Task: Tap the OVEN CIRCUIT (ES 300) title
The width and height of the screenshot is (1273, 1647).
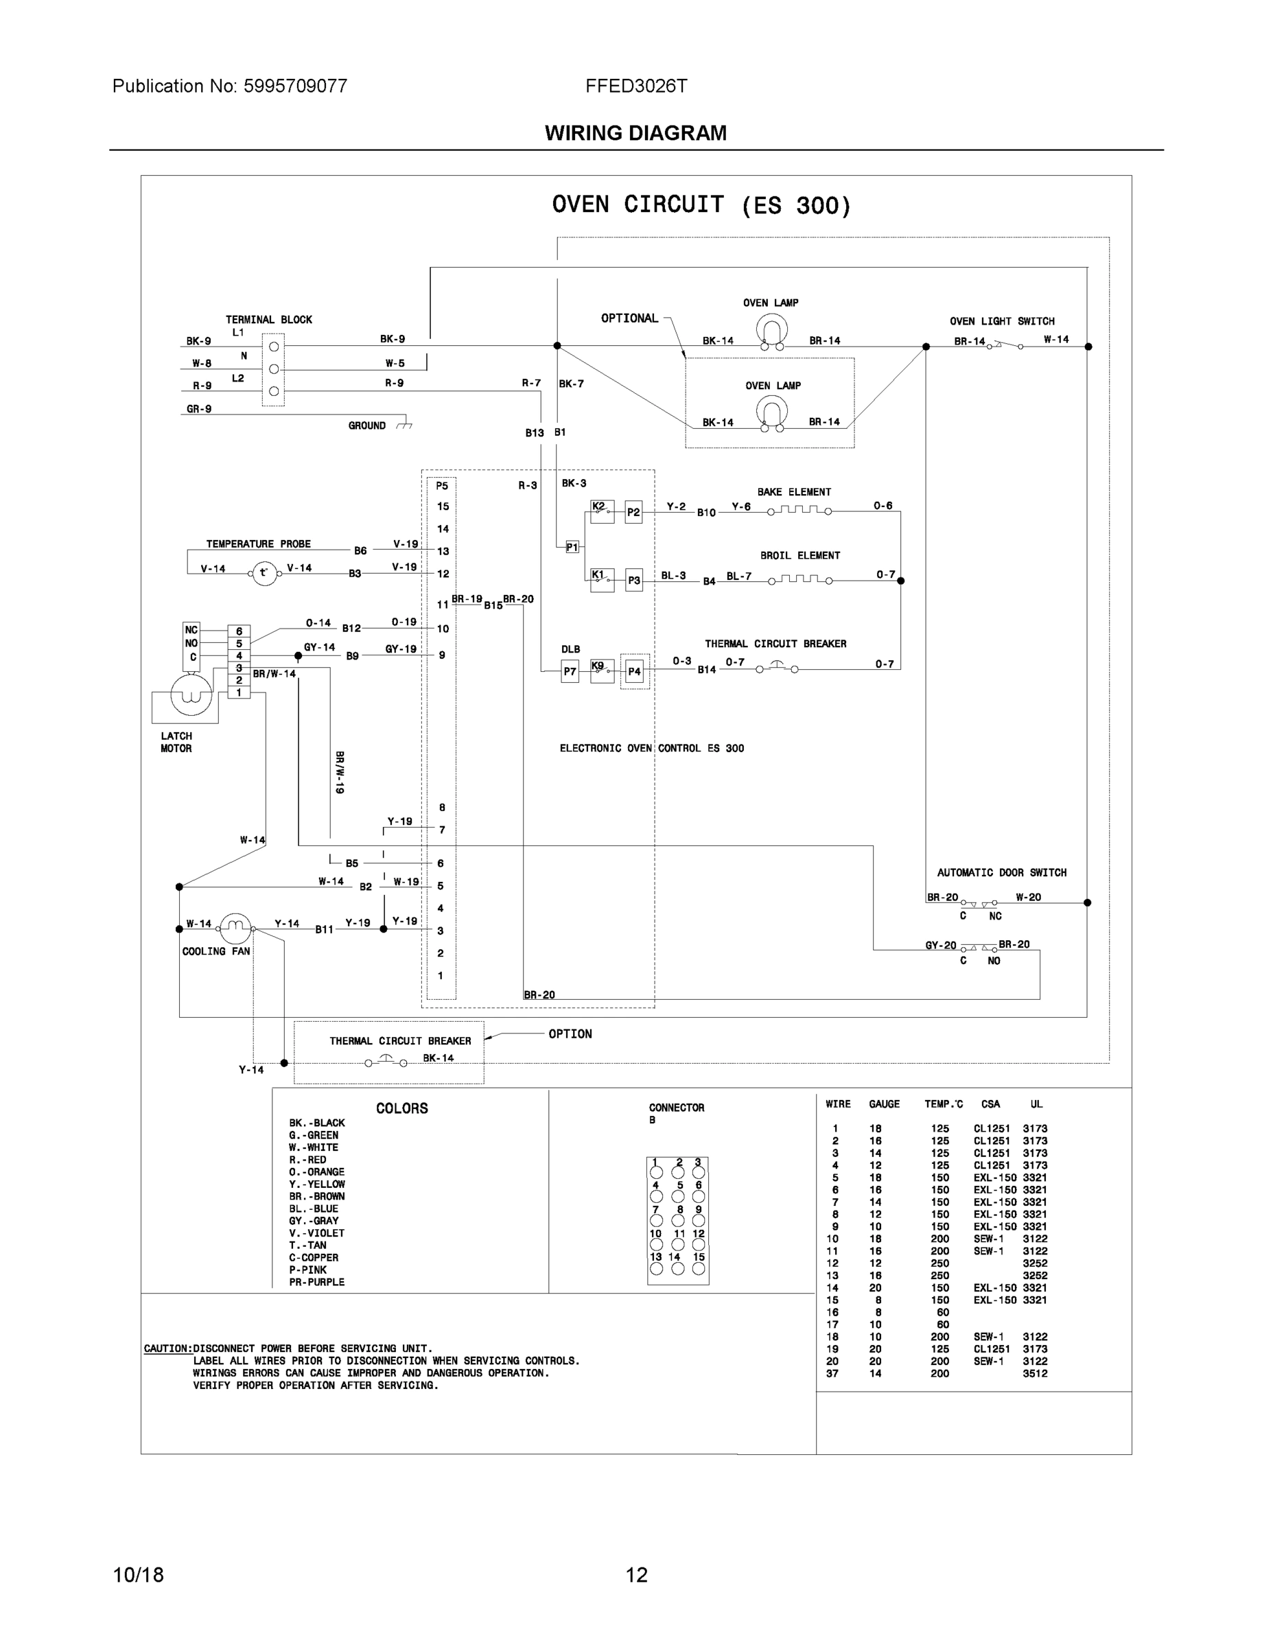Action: coord(701,205)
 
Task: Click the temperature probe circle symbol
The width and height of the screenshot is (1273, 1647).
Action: coord(264,572)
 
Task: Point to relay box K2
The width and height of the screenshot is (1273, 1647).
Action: coord(601,511)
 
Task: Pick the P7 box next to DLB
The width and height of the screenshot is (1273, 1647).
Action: coord(570,671)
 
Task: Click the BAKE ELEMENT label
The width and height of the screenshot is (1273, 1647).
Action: coord(793,491)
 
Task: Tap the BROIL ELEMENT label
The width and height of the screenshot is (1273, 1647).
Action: coord(799,555)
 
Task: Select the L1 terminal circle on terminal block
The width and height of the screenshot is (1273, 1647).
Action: coord(274,347)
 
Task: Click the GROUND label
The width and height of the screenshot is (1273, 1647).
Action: coord(366,425)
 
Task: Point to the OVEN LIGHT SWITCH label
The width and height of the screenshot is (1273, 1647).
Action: coord(1001,320)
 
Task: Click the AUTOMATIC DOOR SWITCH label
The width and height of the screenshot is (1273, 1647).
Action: coord(1001,872)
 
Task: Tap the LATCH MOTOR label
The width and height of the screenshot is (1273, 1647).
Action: coord(176,742)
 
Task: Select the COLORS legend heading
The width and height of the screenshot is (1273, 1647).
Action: coord(402,1108)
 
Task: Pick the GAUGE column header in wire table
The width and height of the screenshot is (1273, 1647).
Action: coord(884,1104)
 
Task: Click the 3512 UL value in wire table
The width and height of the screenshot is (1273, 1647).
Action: coord(1035,1373)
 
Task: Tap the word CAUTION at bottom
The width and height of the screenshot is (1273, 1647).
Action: coord(167,1348)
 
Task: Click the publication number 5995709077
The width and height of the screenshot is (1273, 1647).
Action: coord(295,86)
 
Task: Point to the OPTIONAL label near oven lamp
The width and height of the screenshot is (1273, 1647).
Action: coord(629,318)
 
